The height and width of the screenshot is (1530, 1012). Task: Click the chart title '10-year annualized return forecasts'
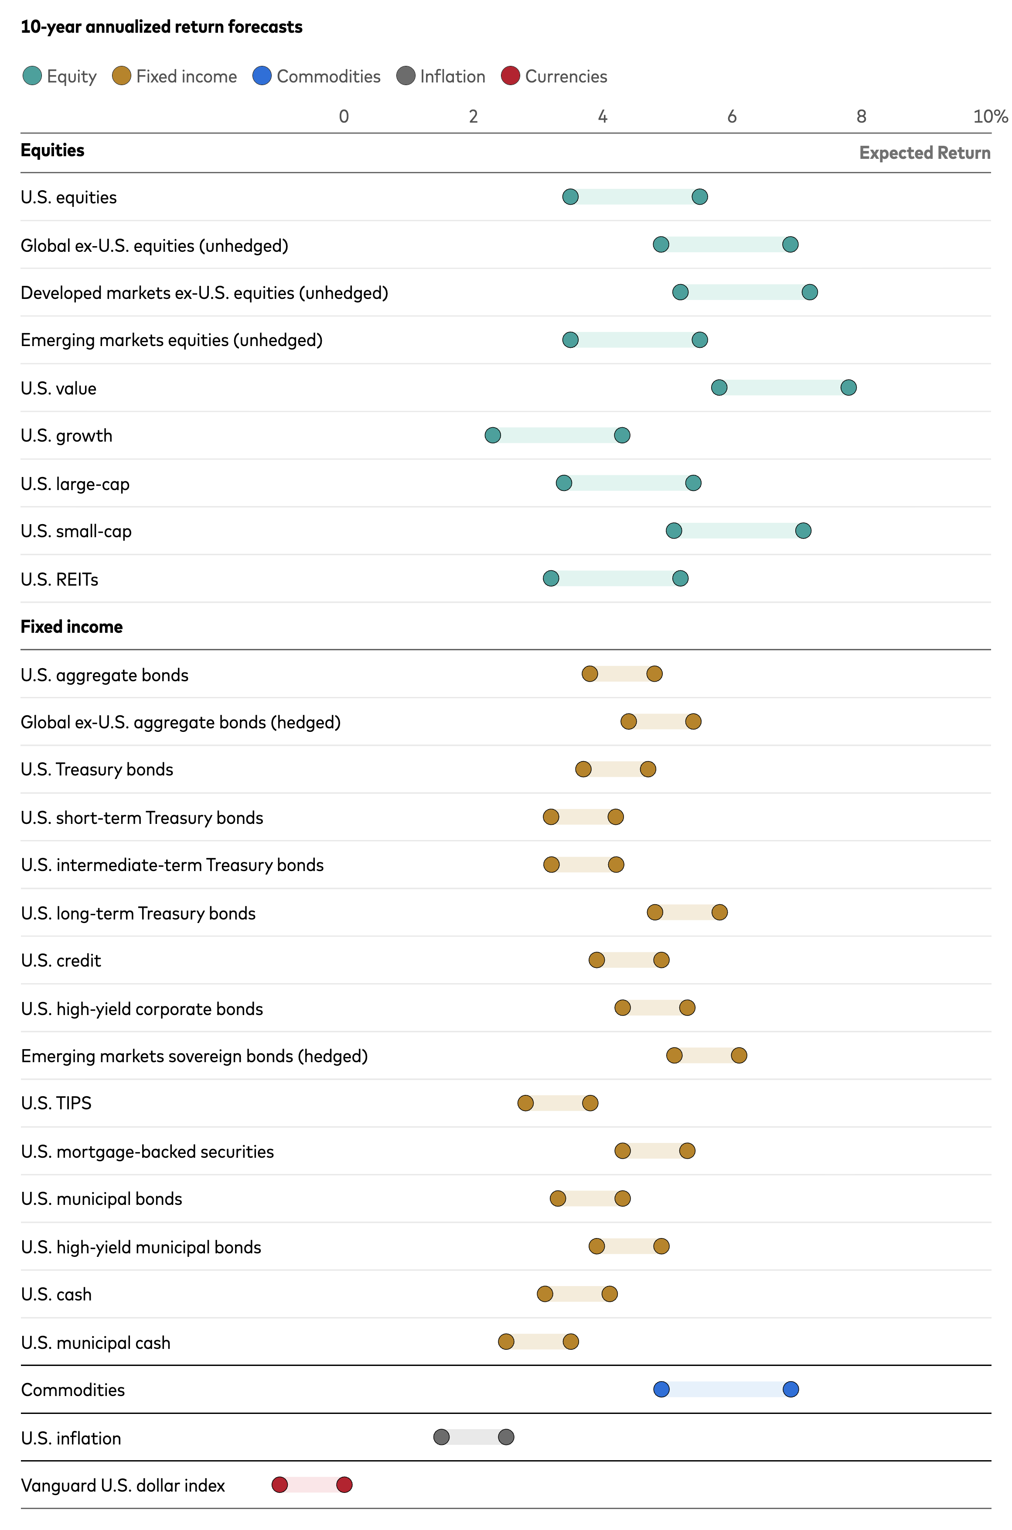click(161, 27)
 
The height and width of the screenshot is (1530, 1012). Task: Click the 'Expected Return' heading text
click(924, 153)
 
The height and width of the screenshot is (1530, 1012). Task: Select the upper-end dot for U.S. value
click(848, 388)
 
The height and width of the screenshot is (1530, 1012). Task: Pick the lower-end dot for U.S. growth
click(492, 435)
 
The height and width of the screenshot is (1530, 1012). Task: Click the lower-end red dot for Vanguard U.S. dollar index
click(279, 1485)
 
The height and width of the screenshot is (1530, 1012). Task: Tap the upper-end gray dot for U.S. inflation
click(506, 1437)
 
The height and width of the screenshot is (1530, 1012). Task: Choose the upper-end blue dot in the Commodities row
click(791, 1389)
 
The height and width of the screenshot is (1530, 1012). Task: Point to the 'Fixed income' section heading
click(72, 627)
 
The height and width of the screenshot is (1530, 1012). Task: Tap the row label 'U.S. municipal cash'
click(95, 1343)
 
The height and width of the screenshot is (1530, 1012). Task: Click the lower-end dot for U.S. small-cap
click(674, 531)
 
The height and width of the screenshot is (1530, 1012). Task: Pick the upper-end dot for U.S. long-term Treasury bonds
click(719, 912)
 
